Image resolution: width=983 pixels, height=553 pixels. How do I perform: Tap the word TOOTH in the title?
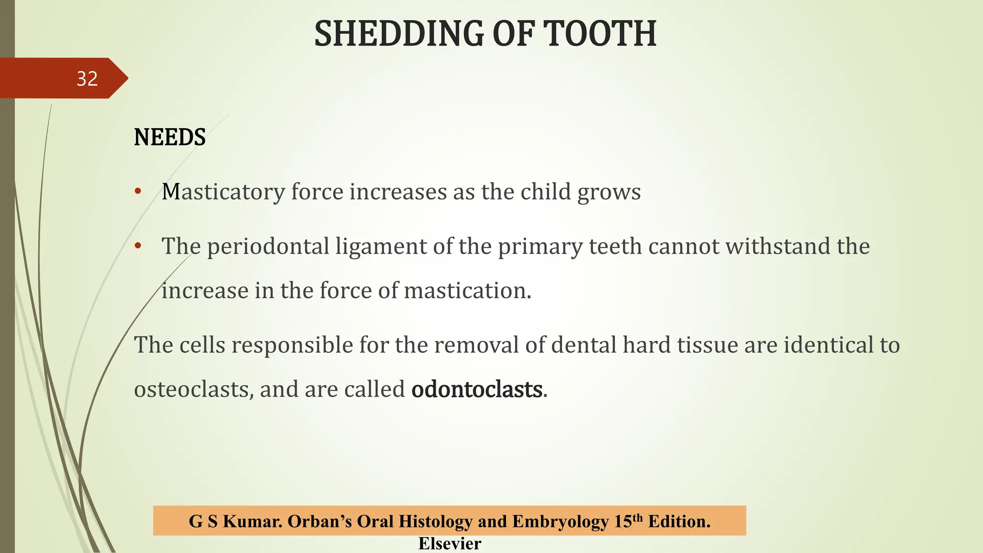tap(599, 34)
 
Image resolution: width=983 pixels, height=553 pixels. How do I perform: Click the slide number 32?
tap(87, 79)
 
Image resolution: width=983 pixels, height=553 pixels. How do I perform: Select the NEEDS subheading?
tap(170, 137)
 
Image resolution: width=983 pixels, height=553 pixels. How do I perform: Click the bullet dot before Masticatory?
tap(138, 192)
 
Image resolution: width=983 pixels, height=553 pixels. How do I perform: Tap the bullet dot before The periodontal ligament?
tap(138, 246)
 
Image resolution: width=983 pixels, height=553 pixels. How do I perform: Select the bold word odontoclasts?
tap(477, 389)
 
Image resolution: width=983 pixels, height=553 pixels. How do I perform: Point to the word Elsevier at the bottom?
tap(450, 543)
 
